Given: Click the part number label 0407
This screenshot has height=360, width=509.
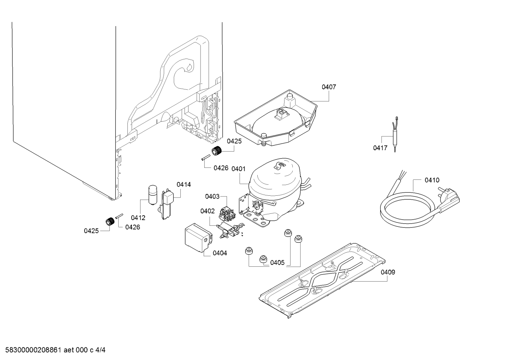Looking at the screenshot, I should pos(329,87).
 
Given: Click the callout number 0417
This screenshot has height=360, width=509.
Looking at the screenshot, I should pos(380,148).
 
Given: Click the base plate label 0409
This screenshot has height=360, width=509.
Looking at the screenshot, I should pos(388,272).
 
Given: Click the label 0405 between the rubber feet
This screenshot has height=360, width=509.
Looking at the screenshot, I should pos(277,262).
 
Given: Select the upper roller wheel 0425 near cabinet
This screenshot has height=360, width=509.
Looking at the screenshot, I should pos(216,151).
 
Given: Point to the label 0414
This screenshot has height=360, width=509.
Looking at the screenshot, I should pos(184,184).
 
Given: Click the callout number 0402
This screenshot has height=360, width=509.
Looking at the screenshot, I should pos(207,211).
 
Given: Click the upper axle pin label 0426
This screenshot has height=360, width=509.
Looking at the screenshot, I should pos(221,168).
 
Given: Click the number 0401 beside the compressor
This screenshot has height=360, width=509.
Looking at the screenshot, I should pos(239,169).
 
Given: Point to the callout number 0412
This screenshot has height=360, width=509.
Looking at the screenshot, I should pos(138,218).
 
